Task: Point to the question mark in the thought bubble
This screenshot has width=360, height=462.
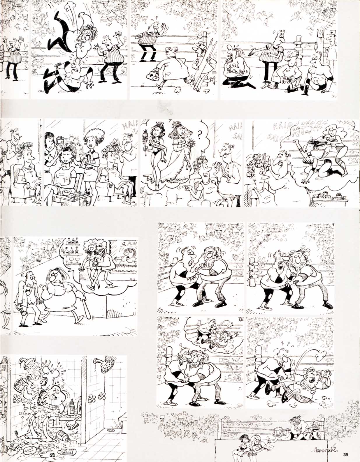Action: [x=199, y=135]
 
